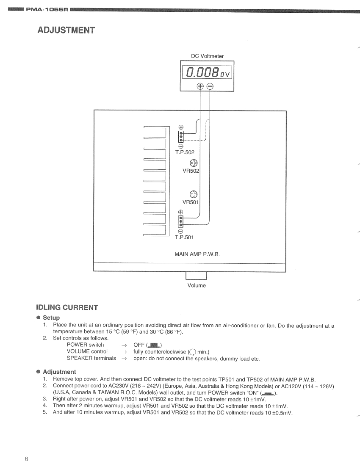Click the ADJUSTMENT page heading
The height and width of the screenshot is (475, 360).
point(66,30)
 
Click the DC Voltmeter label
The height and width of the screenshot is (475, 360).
point(208,56)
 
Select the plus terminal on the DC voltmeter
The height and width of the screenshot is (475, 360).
point(200,86)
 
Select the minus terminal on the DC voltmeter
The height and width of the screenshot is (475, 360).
point(210,86)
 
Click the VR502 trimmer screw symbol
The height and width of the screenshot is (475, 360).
point(193,163)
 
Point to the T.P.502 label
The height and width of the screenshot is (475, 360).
point(185,152)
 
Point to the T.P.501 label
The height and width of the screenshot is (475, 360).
point(184,237)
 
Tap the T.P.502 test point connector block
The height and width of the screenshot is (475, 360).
point(181,136)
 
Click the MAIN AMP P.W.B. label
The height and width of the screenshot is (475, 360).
point(197,254)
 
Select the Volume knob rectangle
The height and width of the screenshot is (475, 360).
point(196,276)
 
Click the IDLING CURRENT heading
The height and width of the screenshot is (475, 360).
point(67,307)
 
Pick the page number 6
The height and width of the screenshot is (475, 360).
point(26,459)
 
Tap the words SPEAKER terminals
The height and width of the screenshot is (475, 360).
point(91,358)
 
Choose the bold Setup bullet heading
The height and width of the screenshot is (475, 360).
point(51,318)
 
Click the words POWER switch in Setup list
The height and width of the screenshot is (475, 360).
point(85,345)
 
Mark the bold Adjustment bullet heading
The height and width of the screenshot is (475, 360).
point(59,372)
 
